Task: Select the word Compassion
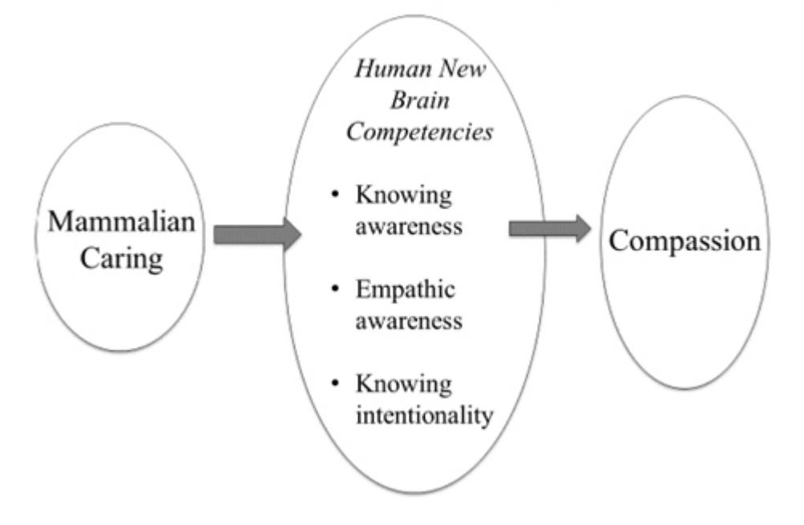685,240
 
